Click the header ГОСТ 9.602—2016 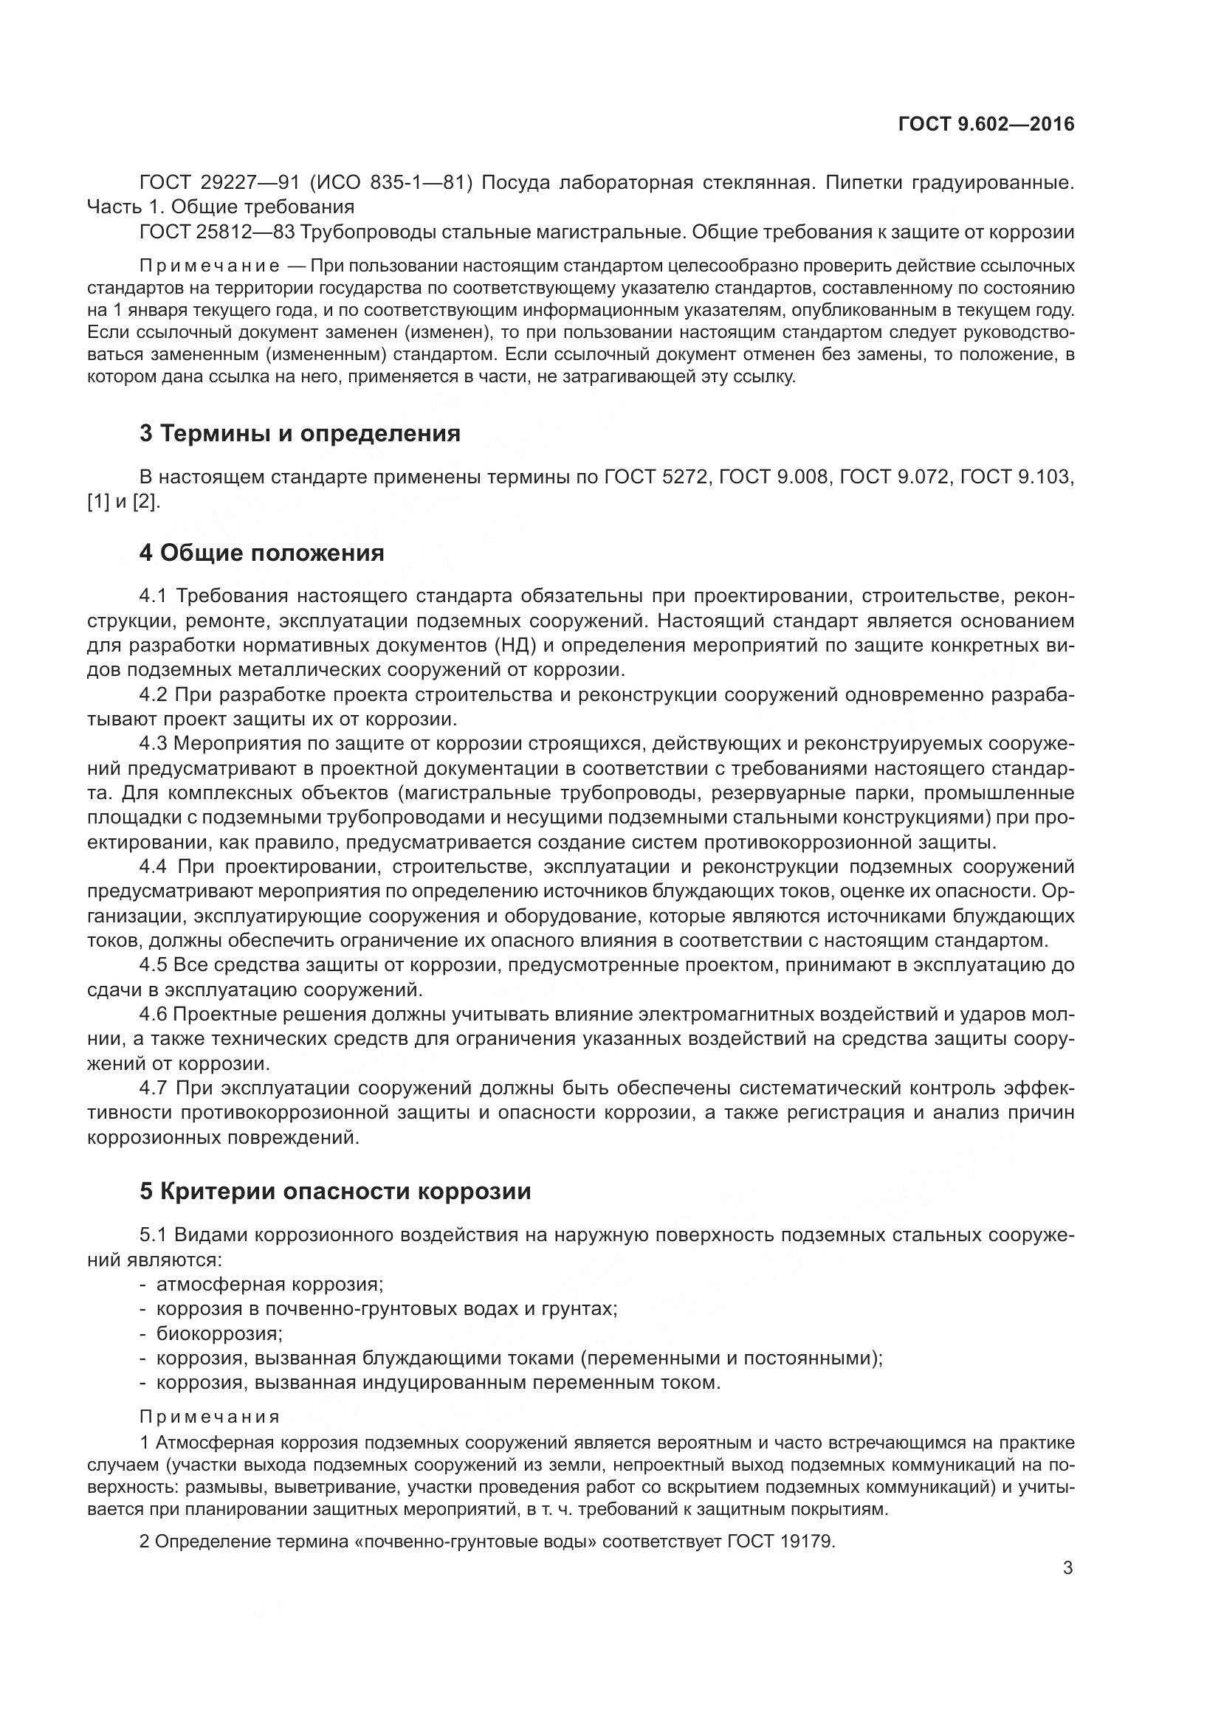pos(986,125)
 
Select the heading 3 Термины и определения pos(300,433)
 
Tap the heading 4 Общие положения pos(261,553)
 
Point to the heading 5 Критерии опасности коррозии pos(335,1191)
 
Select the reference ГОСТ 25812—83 pos(216,232)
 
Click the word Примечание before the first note pos(210,266)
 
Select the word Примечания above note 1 pos(210,1417)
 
